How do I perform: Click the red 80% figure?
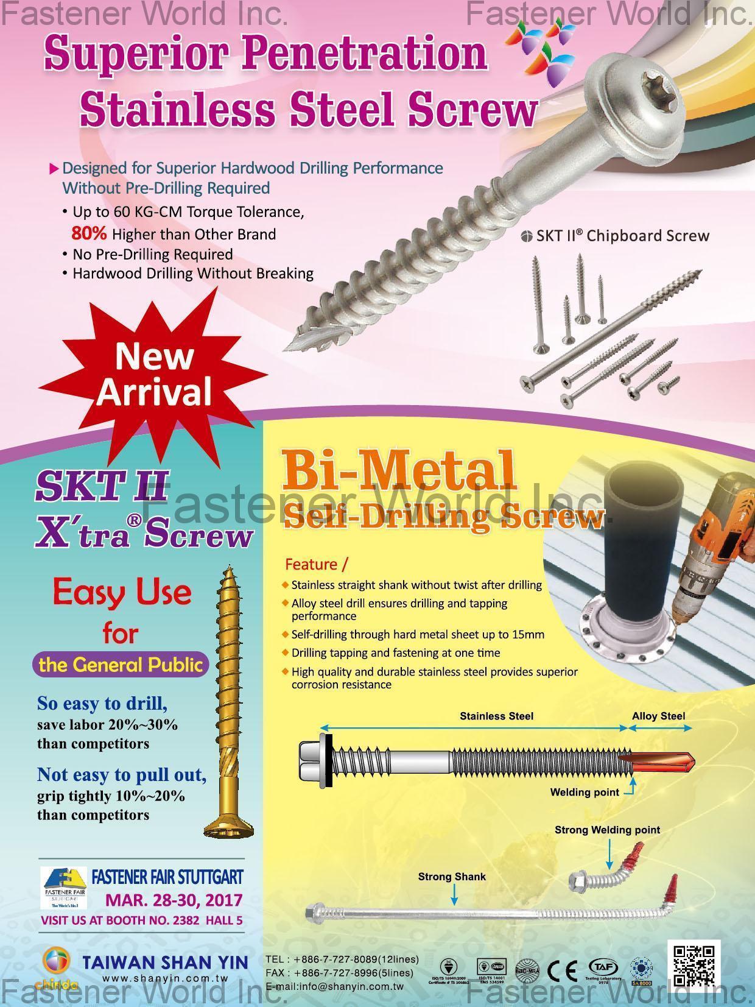click(89, 233)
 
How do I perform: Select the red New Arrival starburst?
click(154, 375)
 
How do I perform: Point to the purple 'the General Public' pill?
click(120, 665)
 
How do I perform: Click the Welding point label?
click(584, 792)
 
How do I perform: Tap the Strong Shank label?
click(452, 877)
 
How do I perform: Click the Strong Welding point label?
click(607, 830)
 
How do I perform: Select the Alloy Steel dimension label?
click(658, 716)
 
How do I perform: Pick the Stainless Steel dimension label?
click(496, 716)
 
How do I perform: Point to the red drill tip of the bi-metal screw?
click(661, 762)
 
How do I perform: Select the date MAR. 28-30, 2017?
click(174, 900)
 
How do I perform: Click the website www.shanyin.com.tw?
click(165, 979)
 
